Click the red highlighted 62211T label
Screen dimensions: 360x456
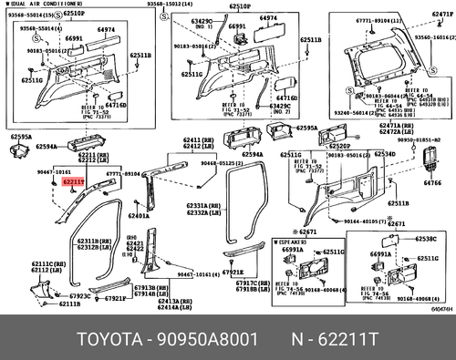point(74,181)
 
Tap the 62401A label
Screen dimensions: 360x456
point(140,216)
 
